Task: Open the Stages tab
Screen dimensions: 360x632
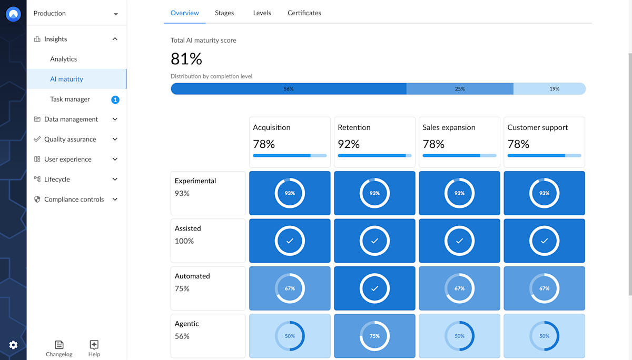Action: pos(224,13)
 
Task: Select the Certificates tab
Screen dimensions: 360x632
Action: pos(304,13)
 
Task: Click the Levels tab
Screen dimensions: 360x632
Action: pos(262,13)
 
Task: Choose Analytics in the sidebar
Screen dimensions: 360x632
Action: pos(64,59)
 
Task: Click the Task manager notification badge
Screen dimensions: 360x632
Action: pos(115,99)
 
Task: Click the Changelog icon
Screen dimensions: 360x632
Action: pos(59,345)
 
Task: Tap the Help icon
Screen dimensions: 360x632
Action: pos(94,345)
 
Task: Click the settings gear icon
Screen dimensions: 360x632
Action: pos(13,345)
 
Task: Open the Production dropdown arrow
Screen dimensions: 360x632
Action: pos(116,14)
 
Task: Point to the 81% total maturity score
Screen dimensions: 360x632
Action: pos(186,58)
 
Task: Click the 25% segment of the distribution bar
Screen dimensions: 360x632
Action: pos(460,89)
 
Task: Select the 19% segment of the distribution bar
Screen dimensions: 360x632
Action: pos(549,89)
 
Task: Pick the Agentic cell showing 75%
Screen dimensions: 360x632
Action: pos(374,336)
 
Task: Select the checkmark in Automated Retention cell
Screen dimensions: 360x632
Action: pos(374,288)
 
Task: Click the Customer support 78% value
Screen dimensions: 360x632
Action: pos(518,144)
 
